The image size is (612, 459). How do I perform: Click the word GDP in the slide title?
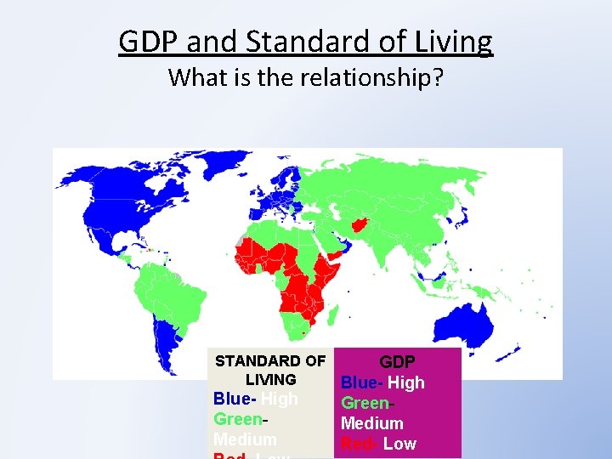tap(148, 40)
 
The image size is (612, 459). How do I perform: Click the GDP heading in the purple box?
tap(397, 361)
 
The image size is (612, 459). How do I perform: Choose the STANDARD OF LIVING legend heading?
tap(270, 370)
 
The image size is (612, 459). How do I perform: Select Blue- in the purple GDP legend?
tap(362, 382)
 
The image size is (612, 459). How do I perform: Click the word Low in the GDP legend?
tap(399, 444)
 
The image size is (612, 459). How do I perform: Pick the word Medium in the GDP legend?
tap(371, 423)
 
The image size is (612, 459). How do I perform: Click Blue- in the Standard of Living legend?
tap(235, 399)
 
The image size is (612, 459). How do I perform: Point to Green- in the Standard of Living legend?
tap(241, 419)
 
